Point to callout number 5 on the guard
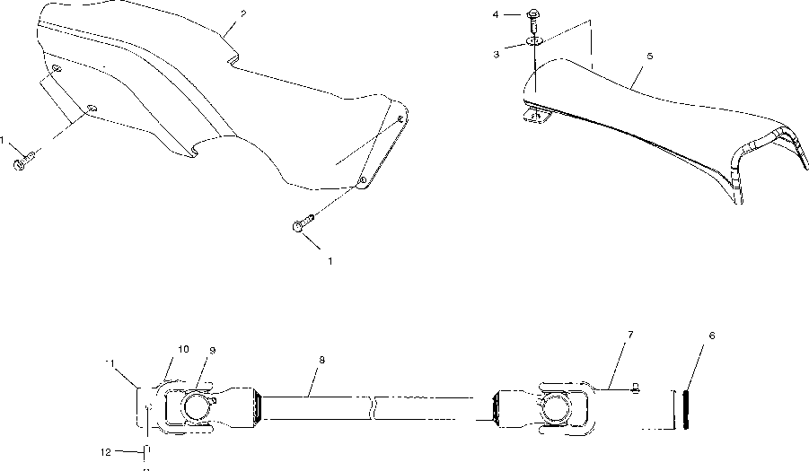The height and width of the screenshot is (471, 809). pyautogui.click(x=650, y=56)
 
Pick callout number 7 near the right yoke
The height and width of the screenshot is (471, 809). pyautogui.click(x=630, y=335)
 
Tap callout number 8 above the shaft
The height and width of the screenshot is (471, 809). pyautogui.click(x=321, y=360)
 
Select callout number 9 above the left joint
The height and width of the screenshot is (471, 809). pyautogui.click(x=213, y=349)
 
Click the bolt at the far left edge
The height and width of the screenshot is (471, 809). pyautogui.click(x=23, y=163)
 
